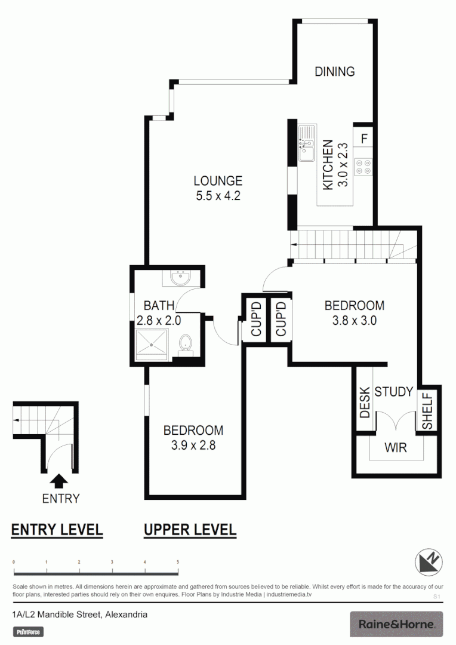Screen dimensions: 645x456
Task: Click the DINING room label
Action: click(335, 72)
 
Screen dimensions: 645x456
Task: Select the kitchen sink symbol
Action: click(307, 144)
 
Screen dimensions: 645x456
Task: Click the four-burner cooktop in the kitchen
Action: click(363, 167)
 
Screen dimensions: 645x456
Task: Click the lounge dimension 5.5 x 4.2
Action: click(218, 196)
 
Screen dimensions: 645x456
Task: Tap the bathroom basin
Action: click(178, 278)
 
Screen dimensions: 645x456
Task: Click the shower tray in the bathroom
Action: click(154, 345)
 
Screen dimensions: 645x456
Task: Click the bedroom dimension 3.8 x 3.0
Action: click(355, 320)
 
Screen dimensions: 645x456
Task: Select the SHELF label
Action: click(427, 410)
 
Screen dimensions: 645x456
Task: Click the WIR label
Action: click(396, 447)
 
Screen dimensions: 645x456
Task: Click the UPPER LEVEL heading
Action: click(190, 530)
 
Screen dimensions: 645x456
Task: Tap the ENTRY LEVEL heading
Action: click(57, 530)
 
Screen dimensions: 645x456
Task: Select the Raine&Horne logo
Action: click(396, 624)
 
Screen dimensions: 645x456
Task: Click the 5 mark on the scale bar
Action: click(177, 563)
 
